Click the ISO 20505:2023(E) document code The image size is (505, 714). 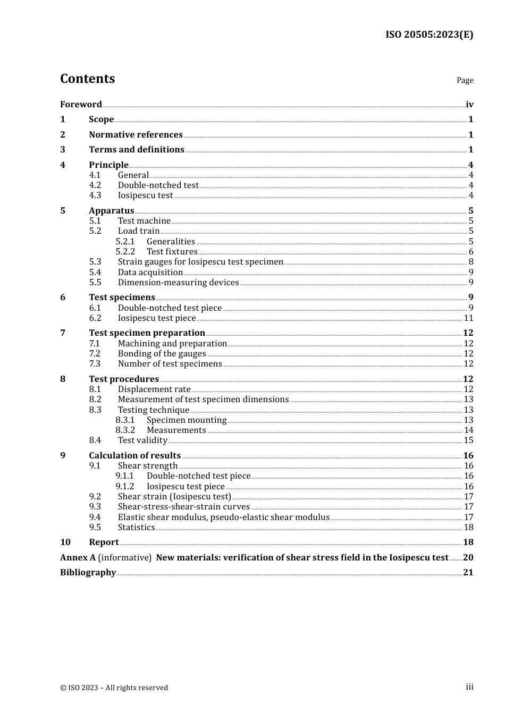tap(429, 35)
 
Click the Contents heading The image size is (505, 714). tap(87, 79)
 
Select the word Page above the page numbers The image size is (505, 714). tap(465, 80)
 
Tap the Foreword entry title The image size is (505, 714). tap(81, 104)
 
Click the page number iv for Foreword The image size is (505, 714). tap(469, 104)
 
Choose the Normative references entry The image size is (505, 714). tap(136, 134)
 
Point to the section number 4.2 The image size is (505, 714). tap(95, 185)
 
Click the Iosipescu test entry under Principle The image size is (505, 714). tap(145, 195)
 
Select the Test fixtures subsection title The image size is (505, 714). tap(172, 251)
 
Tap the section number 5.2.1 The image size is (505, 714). tap(125, 241)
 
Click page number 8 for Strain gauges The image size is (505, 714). tap(471, 261)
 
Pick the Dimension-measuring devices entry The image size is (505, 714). tap(178, 282)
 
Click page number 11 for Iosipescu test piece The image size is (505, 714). tap(468, 318)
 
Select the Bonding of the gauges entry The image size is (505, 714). tap(162, 353)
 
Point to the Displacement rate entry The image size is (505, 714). tap(154, 389)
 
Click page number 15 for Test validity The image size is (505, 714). tap(468, 440)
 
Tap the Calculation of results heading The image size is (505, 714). tap(134, 455)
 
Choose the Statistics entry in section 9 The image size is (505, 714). tap(136, 527)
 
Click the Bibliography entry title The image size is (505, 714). tap(88, 572)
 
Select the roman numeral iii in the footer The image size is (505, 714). tap(469, 686)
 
